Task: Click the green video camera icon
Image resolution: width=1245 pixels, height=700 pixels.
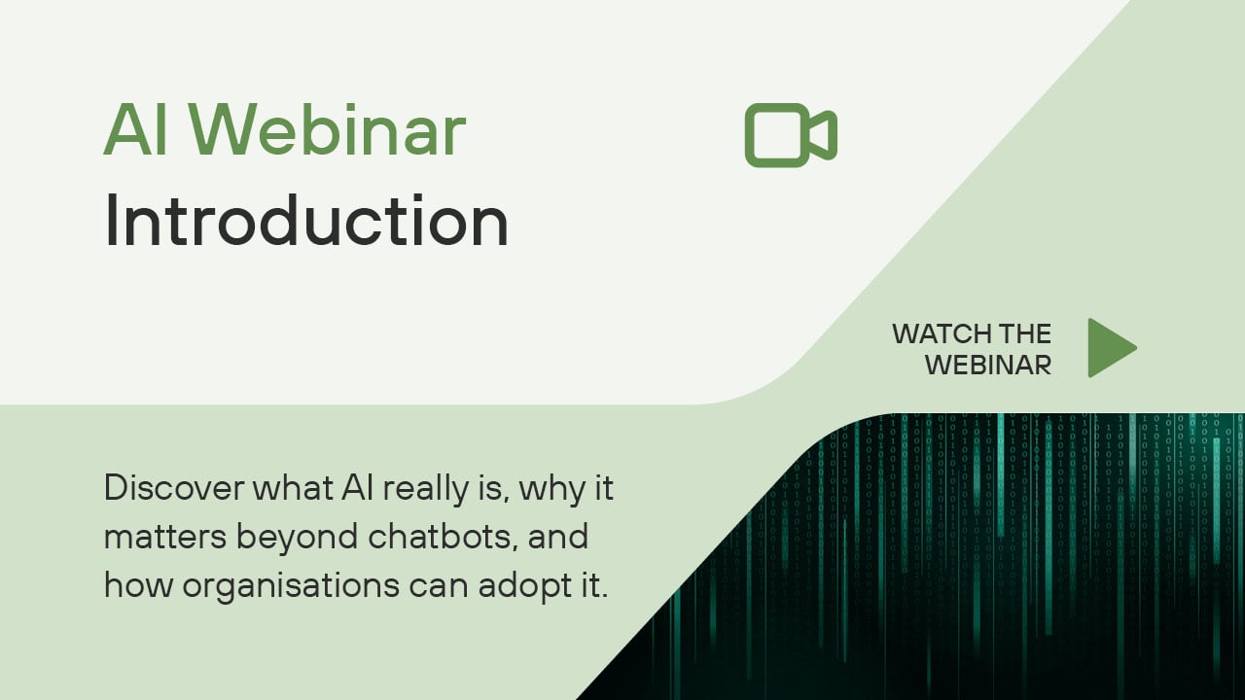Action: [x=791, y=135]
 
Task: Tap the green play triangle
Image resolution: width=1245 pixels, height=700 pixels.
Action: [x=1112, y=348]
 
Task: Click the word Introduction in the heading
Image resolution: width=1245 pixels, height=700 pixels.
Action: [x=306, y=221]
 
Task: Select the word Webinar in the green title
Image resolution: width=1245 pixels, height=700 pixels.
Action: [x=329, y=129]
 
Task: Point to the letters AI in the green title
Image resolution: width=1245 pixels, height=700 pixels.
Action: [x=135, y=129]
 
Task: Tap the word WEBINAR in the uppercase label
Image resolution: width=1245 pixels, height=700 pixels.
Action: [x=987, y=366]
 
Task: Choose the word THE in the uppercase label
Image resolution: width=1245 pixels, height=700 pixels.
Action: [x=1025, y=333]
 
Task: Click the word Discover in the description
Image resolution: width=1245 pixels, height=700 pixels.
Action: [x=174, y=487]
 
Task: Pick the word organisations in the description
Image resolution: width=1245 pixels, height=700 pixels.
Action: [x=291, y=586]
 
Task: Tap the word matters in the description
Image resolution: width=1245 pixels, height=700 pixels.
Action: [x=165, y=538]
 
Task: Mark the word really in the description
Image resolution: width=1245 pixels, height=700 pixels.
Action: [x=426, y=489]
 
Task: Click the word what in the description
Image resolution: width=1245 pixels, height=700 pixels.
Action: [x=293, y=487]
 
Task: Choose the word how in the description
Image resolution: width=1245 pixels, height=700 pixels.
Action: [x=138, y=585]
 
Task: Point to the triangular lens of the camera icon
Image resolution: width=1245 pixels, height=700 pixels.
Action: [x=824, y=135]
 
